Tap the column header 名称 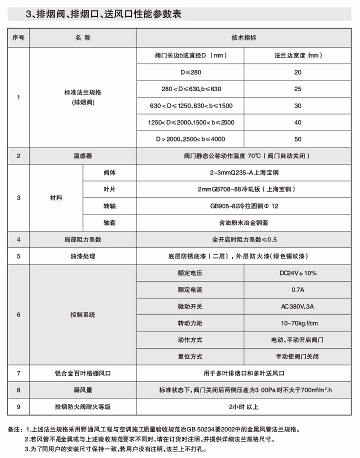click(83, 38)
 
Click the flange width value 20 click(298, 72)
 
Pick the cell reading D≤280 click(191, 72)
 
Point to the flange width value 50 click(298, 138)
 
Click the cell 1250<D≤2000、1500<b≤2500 click(191, 122)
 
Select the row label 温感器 click(83, 156)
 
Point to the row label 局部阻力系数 click(83, 239)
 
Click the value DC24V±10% click(298, 273)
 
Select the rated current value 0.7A click(298, 290)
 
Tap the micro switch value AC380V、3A click(298, 306)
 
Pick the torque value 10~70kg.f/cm click(298, 323)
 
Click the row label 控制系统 click(83, 315)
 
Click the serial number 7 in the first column click(18, 373)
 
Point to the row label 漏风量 click(83, 390)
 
